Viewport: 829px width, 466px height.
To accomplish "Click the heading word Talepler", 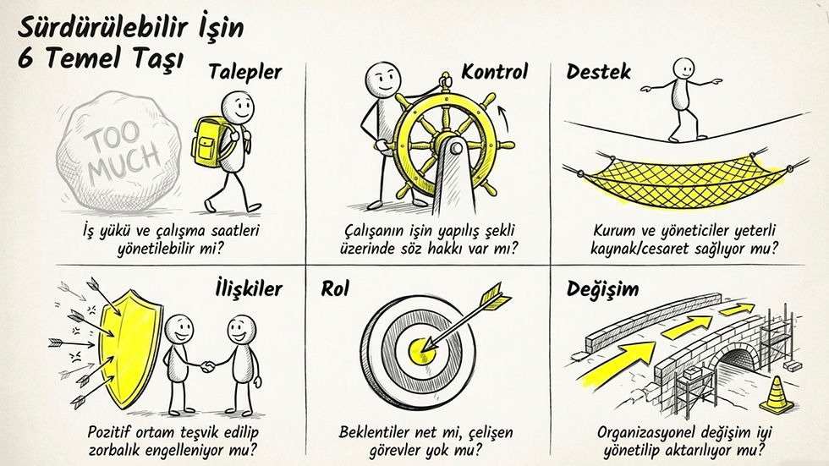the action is coord(245,73).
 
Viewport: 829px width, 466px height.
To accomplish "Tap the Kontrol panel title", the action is coord(494,71).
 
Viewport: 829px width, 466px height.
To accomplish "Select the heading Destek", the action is coord(599,71).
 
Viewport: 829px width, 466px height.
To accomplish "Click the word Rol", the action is coord(335,288).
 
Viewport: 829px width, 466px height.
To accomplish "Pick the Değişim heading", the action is coord(602,288).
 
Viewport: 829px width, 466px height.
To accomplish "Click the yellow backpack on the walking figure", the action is coord(209,141).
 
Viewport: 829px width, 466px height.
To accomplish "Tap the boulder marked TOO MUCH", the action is coord(119,151).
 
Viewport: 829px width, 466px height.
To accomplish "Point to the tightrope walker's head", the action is coord(684,69).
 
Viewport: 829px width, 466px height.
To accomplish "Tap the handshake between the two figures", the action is coord(208,365).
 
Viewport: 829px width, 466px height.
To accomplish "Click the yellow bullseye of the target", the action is coord(422,350).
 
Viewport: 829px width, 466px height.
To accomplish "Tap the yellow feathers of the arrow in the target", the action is coord(496,298).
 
